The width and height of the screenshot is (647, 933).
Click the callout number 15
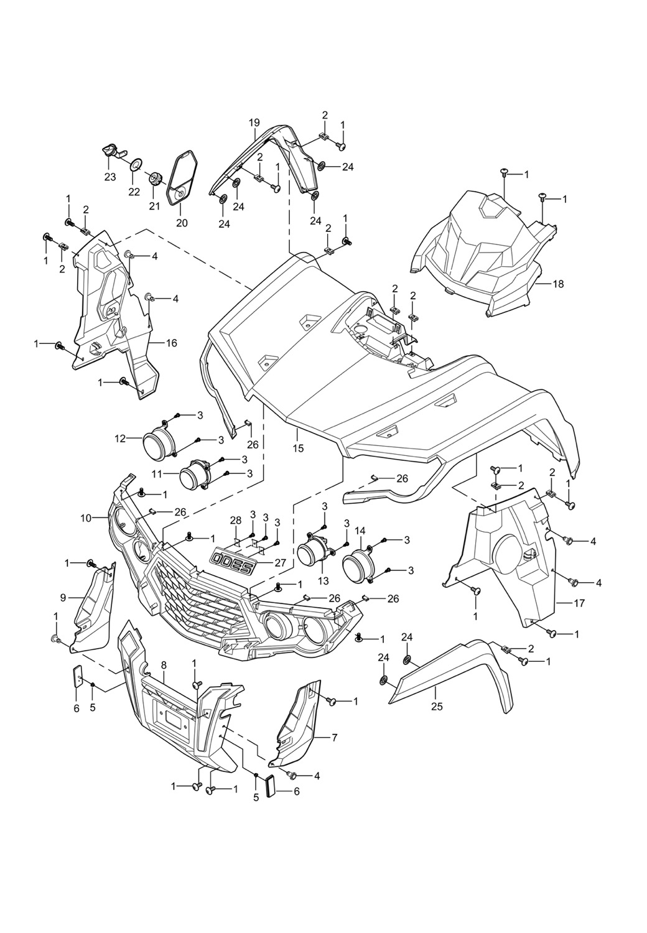[297, 448]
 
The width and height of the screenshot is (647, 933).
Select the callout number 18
[558, 284]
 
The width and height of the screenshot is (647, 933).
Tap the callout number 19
[254, 123]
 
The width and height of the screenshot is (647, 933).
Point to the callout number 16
[171, 343]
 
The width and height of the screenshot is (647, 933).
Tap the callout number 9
[63, 598]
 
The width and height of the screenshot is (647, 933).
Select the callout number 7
[334, 738]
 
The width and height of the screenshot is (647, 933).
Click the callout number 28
[236, 519]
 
